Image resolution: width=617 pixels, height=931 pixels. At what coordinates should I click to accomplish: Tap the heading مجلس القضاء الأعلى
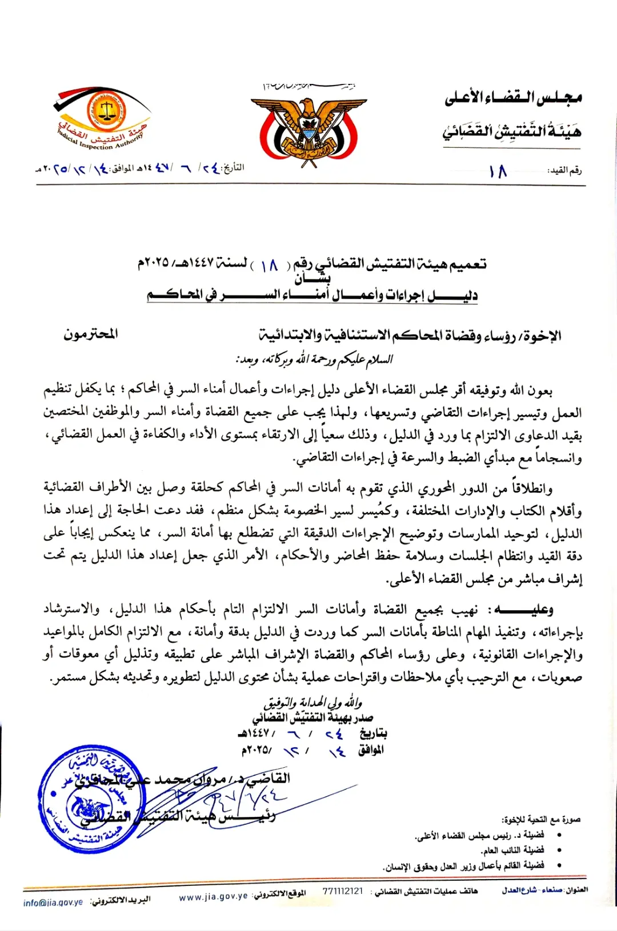(513, 98)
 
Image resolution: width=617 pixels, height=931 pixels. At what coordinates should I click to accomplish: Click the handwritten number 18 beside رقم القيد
(498, 171)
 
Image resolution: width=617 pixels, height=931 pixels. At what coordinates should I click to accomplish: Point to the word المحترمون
(91, 334)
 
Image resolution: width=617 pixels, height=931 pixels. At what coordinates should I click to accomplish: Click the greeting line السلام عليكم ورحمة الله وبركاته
(315, 359)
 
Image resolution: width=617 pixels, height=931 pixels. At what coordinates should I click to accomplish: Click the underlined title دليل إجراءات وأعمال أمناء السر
(312, 295)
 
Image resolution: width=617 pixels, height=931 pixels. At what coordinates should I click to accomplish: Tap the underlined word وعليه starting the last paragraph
(525, 610)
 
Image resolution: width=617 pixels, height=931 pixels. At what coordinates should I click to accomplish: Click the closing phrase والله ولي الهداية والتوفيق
(312, 702)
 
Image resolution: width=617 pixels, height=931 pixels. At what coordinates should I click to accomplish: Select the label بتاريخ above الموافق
(373, 733)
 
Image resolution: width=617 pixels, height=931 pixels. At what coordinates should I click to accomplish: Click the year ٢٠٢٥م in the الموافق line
(257, 750)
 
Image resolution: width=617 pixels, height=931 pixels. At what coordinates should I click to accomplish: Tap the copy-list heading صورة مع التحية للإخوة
(542, 820)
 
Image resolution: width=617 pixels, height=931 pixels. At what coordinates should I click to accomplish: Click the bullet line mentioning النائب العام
(512, 850)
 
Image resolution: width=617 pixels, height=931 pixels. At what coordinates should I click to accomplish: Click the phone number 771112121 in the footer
(342, 891)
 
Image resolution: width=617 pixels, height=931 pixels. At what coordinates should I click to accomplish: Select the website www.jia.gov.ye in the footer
(213, 897)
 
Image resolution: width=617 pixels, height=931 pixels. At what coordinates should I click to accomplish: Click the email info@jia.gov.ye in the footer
(53, 902)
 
